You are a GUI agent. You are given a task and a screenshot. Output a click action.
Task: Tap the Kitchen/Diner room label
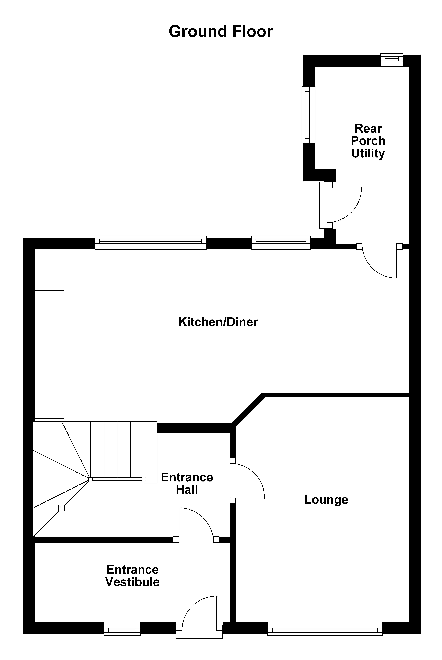[218, 322]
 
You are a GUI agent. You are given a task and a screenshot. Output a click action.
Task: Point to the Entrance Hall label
[187, 483]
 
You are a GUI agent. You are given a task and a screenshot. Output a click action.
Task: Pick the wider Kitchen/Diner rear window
[151, 242]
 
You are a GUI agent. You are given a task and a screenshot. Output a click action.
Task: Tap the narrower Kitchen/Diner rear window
[281, 242]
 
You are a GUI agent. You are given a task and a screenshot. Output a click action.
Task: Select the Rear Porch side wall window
[308, 115]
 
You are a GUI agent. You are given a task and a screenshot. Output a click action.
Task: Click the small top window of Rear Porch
[392, 60]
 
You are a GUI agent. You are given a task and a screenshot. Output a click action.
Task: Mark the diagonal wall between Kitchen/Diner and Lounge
[248, 410]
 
